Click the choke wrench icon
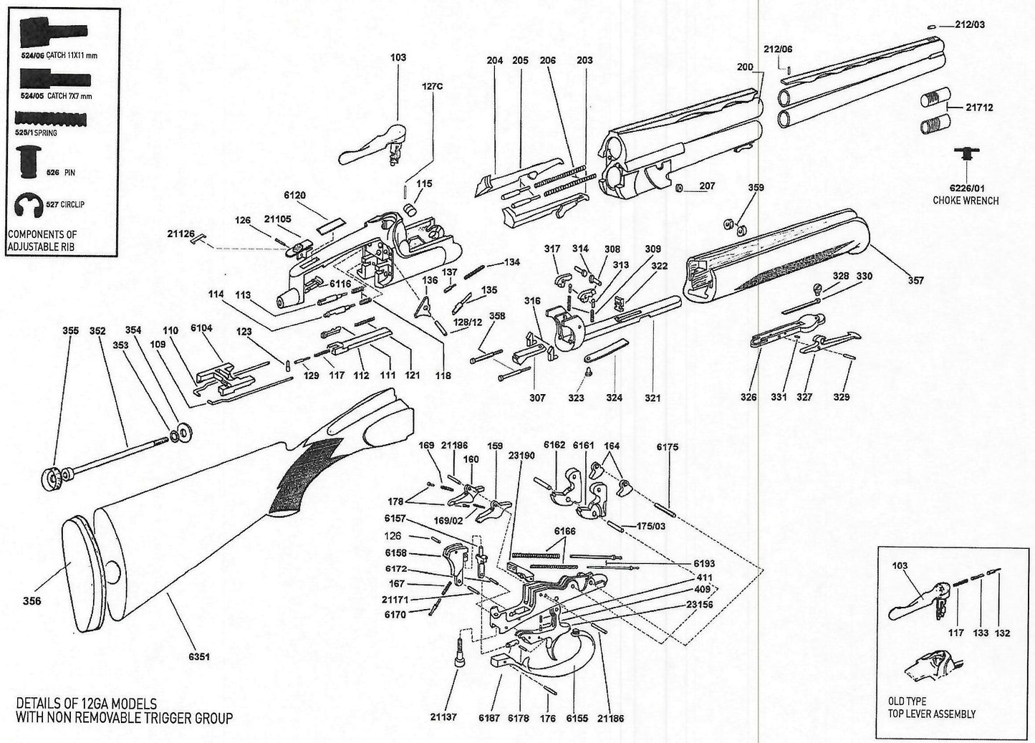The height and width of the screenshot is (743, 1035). click(968, 153)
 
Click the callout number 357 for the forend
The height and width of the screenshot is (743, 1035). click(915, 280)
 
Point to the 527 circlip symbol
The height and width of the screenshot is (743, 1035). click(29, 205)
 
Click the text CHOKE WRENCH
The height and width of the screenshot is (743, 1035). click(965, 201)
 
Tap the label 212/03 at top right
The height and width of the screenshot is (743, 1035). click(971, 25)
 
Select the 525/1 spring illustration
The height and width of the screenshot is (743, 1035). click(49, 118)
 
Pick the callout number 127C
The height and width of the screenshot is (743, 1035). click(433, 85)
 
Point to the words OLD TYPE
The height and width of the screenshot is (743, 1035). click(907, 701)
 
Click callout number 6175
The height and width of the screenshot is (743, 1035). click(668, 447)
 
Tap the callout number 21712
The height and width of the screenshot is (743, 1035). click(979, 107)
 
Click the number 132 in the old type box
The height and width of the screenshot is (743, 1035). click(1003, 633)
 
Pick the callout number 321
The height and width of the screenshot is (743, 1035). click(652, 398)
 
